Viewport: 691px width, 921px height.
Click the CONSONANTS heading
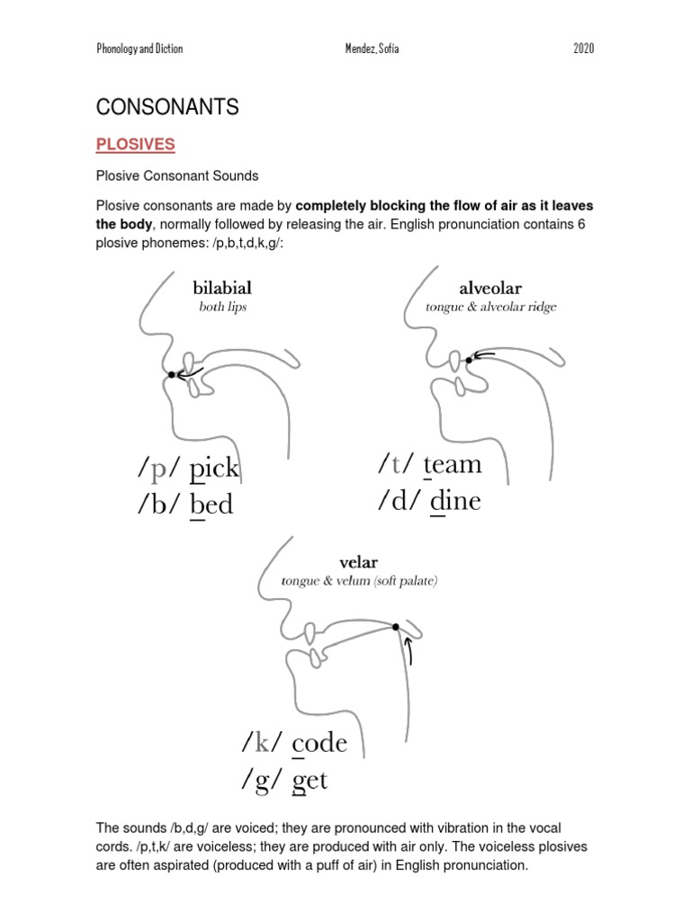[x=167, y=108]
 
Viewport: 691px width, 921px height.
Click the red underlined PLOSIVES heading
[x=136, y=145]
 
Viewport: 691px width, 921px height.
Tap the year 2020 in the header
[x=583, y=49]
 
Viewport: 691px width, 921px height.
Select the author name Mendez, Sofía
[x=365, y=49]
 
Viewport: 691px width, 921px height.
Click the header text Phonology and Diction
[x=139, y=49]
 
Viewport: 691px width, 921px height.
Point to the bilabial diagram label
[x=222, y=289]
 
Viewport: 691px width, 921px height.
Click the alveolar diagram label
[x=490, y=289]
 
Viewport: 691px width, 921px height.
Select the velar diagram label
[x=358, y=563]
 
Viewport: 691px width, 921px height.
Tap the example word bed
[x=212, y=505]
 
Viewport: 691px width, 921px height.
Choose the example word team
[x=453, y=465]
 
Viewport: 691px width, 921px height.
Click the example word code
[x=319, y=743]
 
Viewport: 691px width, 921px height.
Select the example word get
[x=310, y=780]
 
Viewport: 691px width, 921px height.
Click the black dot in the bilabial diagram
[x=172, y=374]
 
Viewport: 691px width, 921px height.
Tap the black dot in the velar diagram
[x=396, y=626]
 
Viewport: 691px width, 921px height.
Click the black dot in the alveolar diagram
[x=469, y=360]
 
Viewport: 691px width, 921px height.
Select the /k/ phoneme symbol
[x=262, y=743]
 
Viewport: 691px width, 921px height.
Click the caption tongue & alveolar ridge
[x=491, y=308]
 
